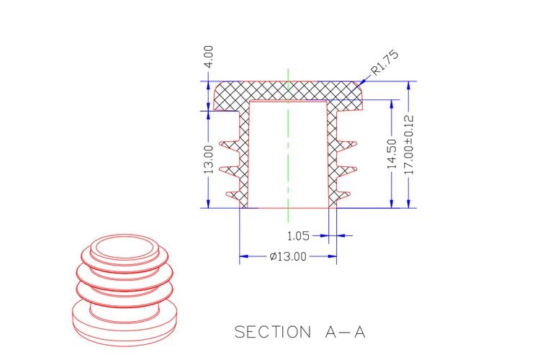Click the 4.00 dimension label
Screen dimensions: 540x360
click(209, 56)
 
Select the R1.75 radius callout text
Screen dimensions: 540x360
click(384, 63)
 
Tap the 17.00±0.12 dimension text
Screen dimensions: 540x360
click(409, 145)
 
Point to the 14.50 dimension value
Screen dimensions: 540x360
click(392, 153)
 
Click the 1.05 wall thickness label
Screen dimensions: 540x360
click(298, 236)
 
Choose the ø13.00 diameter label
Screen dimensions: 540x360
click(288, 256)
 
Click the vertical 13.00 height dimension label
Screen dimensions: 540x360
click(209, 159)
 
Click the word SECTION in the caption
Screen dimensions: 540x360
click(273, 332)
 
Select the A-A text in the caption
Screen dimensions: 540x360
click(345, 332)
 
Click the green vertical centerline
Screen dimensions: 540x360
click(288, 145)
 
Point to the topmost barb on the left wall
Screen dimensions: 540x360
click(230, 145)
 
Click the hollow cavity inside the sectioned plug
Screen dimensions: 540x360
click(288, 154)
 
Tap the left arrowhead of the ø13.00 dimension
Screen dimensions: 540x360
click(243, 256)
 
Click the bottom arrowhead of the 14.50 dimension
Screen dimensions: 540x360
click(392, 204)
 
